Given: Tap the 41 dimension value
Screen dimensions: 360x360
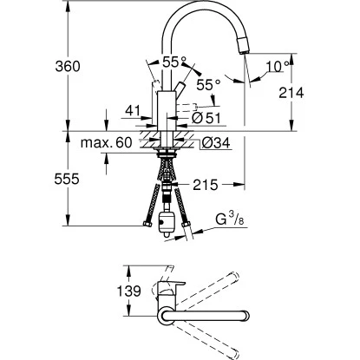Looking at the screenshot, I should [x=133, y=111].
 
